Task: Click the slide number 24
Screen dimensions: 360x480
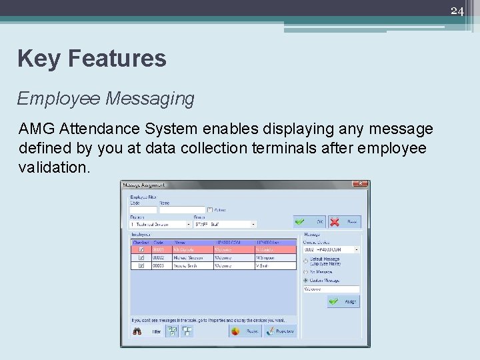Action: click(457, 11)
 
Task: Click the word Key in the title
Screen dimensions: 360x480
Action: click(38, 59)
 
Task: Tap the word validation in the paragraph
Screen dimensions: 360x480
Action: click(54, 167)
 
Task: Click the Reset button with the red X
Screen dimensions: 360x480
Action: click(345, 221)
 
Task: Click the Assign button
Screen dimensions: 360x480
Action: click(344, 301)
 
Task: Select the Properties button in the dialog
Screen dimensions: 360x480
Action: click(280, 331)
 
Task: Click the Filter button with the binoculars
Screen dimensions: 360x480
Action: click(148, 331)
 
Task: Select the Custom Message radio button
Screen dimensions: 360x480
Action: click(306, 281)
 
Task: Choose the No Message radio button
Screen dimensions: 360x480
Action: click(306, 272)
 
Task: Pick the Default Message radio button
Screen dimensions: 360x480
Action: click(306, 261)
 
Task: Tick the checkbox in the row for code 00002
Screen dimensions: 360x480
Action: click(141, 257)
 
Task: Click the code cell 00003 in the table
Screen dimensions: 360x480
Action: click(159, 265)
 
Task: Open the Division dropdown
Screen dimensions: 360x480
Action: click(189, 225)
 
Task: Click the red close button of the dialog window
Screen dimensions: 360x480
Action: click(360, 185)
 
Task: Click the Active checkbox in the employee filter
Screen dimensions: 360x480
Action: click(210, 210)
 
